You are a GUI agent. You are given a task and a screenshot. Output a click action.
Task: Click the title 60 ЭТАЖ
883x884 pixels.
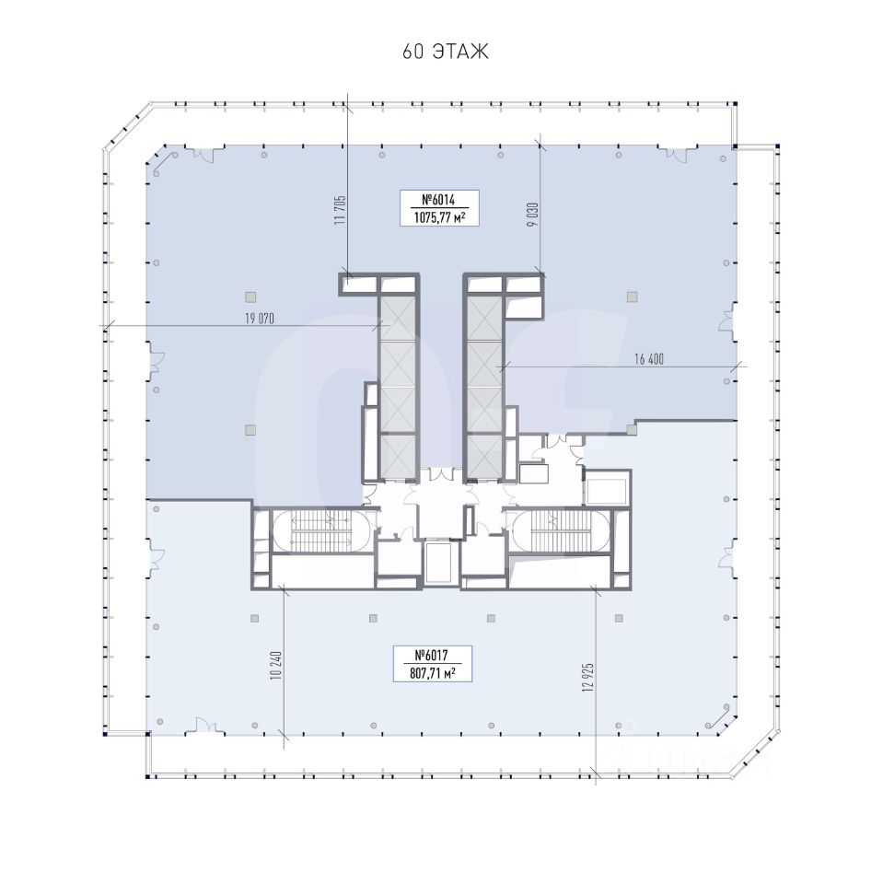(x=446, y=52)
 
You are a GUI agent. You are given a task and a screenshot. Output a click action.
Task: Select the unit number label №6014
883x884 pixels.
(x=438, y=200)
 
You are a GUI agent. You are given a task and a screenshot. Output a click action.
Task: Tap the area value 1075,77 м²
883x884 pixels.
(x=440, y=217)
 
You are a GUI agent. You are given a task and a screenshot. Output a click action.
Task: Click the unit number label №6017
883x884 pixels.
(x=431, y=655)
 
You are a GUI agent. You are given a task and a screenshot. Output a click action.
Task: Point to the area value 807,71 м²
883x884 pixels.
(x=432, y=672)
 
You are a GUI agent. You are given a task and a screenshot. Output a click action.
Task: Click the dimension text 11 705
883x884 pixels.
(x=340, y=210)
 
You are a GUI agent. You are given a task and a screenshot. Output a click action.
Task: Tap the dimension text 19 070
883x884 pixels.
(x=260, y=319)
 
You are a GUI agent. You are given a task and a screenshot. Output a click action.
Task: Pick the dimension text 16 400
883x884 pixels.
(x=649, y=359)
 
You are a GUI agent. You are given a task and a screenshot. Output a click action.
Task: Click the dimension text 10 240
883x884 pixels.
(x=275, y=665)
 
